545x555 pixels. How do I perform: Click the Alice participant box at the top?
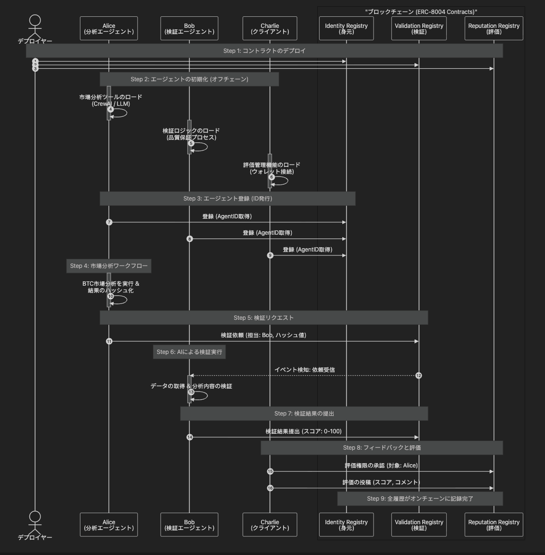click(109, 29)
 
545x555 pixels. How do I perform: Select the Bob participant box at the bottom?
click(189, 525)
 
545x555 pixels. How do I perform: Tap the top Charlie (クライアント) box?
click(270, 29)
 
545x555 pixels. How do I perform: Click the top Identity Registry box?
click(346, 29)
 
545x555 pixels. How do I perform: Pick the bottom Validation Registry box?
click(419, 525)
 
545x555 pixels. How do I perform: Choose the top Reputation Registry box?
click(493, 29)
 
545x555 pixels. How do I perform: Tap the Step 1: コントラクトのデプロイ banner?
click(264, 51)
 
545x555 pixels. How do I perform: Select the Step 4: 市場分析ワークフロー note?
click(109, 266)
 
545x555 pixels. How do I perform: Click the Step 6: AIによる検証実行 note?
click(189, 352)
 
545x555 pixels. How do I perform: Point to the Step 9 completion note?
click(420, 499)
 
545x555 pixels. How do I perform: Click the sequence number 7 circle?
click(109, 222)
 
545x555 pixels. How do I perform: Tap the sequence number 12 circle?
click(418, 376)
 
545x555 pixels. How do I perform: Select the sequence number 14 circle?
click(190, 437)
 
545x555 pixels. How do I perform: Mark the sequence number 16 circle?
click(270, 488)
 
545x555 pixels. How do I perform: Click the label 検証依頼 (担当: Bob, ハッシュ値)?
click(263, 335)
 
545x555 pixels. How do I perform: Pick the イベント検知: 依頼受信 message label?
click(304, 370)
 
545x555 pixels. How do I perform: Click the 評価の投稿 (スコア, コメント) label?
click(381, 482)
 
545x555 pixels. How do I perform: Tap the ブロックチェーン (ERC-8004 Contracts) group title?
click(421, 12)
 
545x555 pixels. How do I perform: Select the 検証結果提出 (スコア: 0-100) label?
click(303, 431)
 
